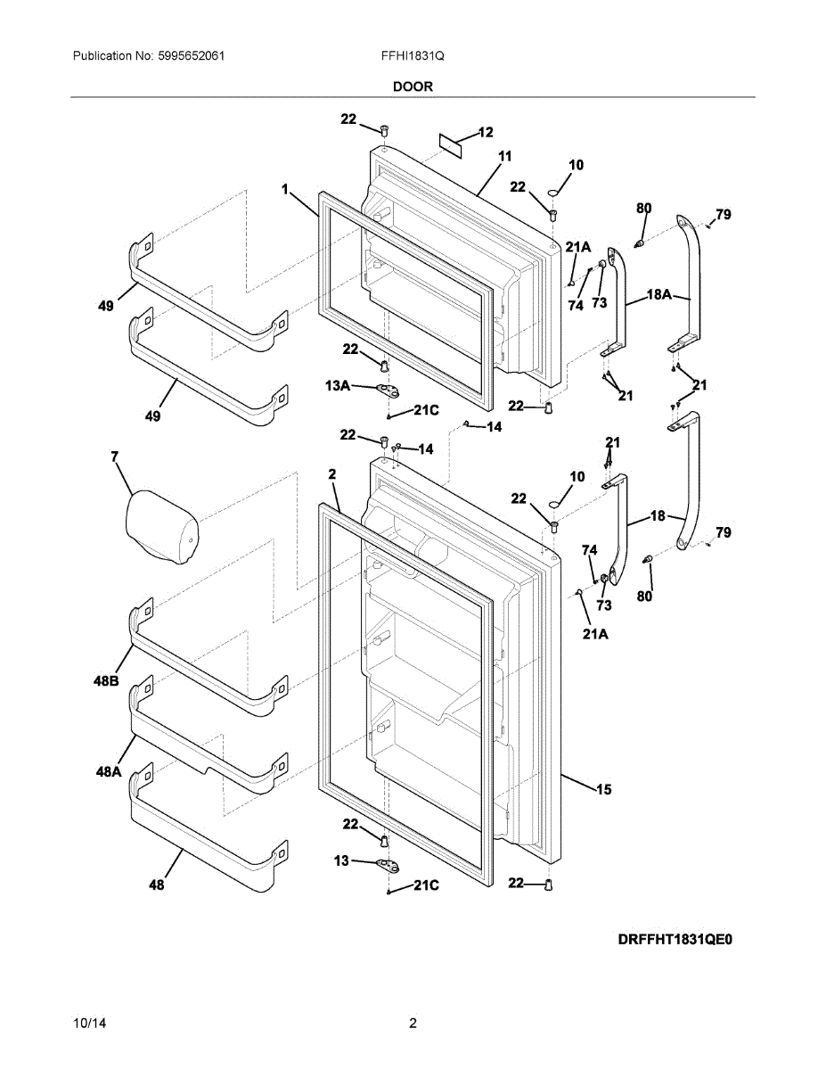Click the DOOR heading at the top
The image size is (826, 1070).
click(x=413, y=86)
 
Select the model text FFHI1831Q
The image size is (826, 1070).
click(x=413, y=55)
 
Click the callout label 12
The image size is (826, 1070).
click(x=486, y=133)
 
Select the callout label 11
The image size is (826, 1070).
click(x=505, y=156)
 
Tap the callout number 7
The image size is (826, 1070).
click(x=115, y=457)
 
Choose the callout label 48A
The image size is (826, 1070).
click(x=108, y=772)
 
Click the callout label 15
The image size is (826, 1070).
click(x=604, y=789)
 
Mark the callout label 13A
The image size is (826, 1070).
click(x=337, y=386)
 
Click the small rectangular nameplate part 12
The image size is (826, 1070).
click(x=453, y=144)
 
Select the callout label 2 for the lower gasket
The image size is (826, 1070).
click(x=331, y=475)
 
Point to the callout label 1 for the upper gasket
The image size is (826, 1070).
click(x=284, y=189)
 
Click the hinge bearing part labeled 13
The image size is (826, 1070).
click(x=387, y=863)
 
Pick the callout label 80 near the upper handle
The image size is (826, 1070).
click(x=643, y=208)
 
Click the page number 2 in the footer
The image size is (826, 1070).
click(x=413, y=1023)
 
